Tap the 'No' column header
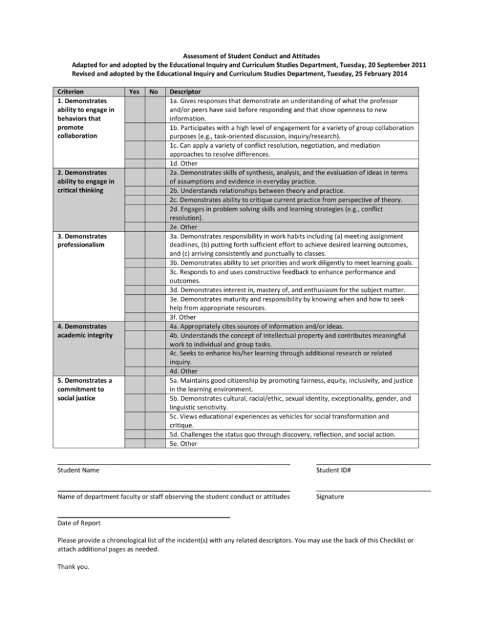coord(153,91)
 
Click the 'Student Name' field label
coord(78,470)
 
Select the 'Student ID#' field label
coord(334,470)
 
